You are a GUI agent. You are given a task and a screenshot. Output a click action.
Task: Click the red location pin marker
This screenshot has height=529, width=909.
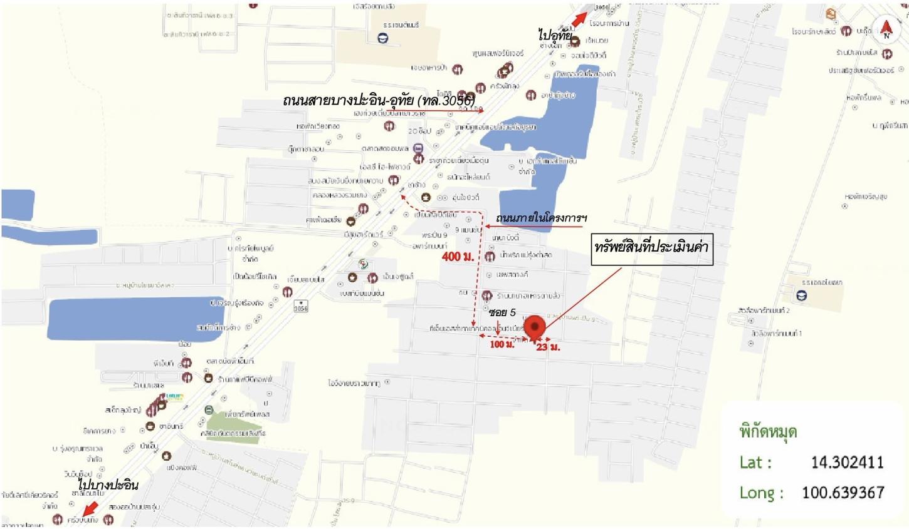534,327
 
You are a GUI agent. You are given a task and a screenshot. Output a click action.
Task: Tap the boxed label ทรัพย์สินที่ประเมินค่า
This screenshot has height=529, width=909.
651,248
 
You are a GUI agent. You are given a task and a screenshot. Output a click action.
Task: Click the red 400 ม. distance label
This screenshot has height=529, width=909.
458,257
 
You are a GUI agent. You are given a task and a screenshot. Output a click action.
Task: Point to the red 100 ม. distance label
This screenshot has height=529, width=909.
502,344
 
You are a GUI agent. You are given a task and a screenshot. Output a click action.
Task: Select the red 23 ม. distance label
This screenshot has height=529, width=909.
548,347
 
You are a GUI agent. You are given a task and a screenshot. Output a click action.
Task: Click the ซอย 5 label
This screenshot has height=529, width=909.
502,312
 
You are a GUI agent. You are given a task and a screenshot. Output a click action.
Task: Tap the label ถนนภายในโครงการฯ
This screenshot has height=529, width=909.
541,218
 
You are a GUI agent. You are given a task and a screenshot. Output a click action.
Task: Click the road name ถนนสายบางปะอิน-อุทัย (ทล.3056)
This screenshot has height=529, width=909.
379,100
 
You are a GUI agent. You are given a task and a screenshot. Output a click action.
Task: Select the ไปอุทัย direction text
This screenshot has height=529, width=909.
555,35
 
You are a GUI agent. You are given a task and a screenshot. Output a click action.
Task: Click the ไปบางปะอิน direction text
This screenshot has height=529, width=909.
108,485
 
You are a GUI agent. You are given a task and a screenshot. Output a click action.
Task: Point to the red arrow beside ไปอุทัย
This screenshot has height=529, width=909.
579,19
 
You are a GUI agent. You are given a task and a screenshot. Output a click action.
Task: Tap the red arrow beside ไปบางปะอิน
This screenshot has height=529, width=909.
90,507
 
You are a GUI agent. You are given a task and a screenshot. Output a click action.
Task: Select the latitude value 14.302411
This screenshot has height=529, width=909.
847,463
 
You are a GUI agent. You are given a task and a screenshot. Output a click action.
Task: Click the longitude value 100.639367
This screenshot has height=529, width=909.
843,493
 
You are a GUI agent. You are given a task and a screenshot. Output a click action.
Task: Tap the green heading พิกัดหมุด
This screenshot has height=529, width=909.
768,432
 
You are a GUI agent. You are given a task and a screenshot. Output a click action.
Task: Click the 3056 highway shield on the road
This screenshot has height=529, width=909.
301,307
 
